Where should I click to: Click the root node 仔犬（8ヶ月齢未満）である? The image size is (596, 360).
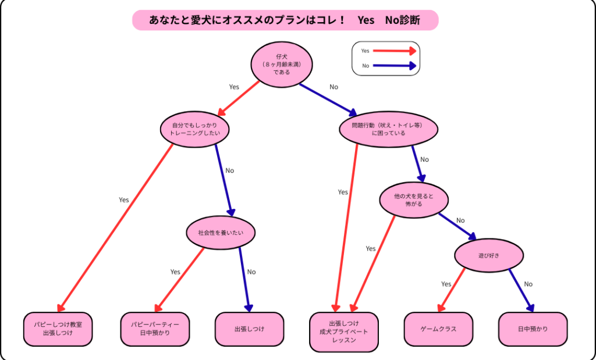(x=281, y=65)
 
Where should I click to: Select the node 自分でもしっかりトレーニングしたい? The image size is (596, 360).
(x=194, y=129)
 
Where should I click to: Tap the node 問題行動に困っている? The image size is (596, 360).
(x=388, y=129)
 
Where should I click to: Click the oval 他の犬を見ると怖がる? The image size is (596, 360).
(x=414, y=200)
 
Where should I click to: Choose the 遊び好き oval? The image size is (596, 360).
(x=489, y=255)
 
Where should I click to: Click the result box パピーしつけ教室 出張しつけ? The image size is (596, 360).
(x=58, y=329)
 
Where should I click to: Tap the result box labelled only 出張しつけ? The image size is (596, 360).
(x=249, y=329)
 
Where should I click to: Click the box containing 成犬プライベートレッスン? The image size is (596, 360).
(x=344, y=332)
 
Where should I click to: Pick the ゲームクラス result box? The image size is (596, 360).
(x=438, y=329)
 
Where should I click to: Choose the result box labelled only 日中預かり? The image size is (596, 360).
(x=533, y=329)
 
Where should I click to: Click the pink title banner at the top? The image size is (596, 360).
(x=285, y=20)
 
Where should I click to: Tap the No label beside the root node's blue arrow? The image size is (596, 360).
(x=334, y=87)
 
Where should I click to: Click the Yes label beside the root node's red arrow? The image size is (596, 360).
(x=234, y=87)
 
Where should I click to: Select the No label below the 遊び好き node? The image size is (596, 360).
(x=528, y=284)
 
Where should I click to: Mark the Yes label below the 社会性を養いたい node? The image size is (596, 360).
(x=175, y=272)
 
